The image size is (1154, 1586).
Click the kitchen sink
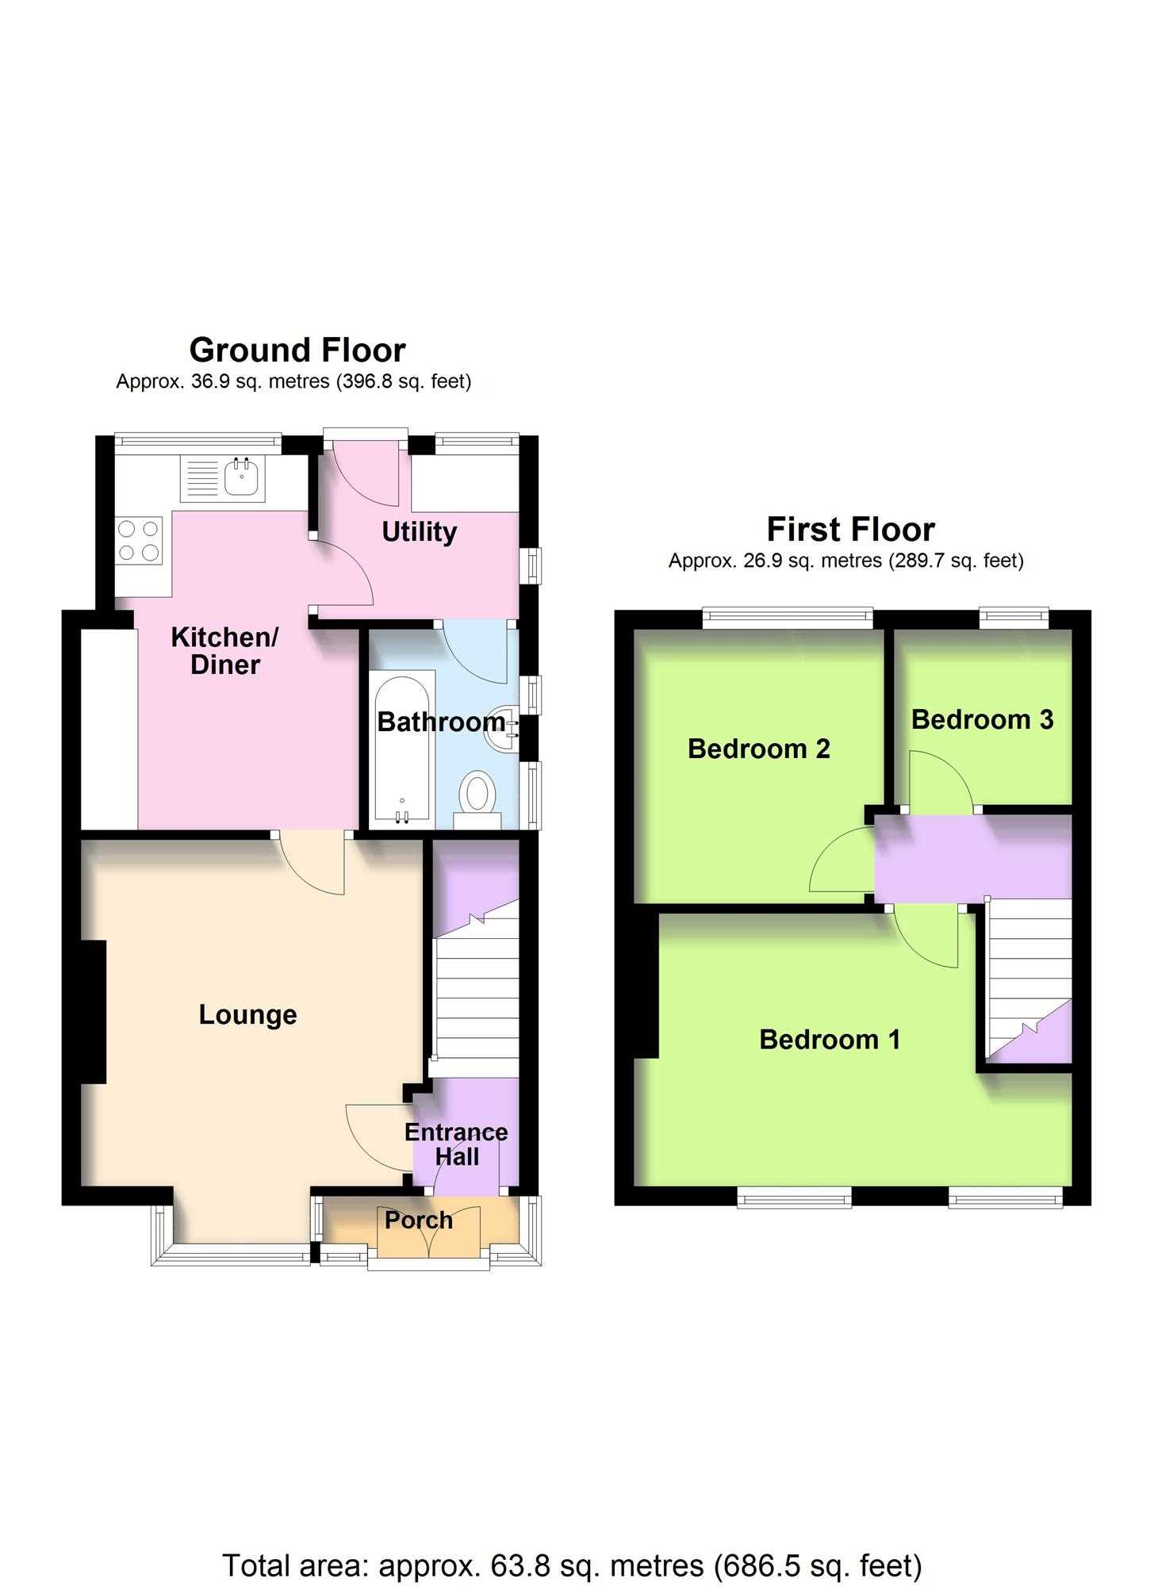(223, 478)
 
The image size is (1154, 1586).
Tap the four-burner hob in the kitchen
(139, 541)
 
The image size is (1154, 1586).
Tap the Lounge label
(247, 1015)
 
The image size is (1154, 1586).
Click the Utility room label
(420, 532)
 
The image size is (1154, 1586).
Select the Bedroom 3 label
(982, 719)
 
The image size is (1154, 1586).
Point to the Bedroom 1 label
(830, 1040)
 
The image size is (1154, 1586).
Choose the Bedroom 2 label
(759, 749)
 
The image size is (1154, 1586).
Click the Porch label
(419, 1220)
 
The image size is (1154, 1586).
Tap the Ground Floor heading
(297, 350)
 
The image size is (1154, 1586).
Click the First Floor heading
(851, 529)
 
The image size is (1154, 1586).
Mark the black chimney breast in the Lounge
(94, 1012)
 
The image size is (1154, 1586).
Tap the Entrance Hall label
(456, 1144)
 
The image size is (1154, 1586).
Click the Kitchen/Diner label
(225, 651)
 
